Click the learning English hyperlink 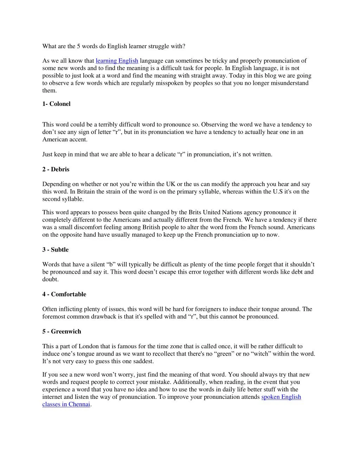click(117, 61)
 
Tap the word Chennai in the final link click(79, 404)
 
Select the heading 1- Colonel click(56, 104)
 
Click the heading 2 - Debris click(56, 169)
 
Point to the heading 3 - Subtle click(56, 250)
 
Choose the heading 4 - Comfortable click(64, 294)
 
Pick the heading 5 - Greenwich click(62, 331)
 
